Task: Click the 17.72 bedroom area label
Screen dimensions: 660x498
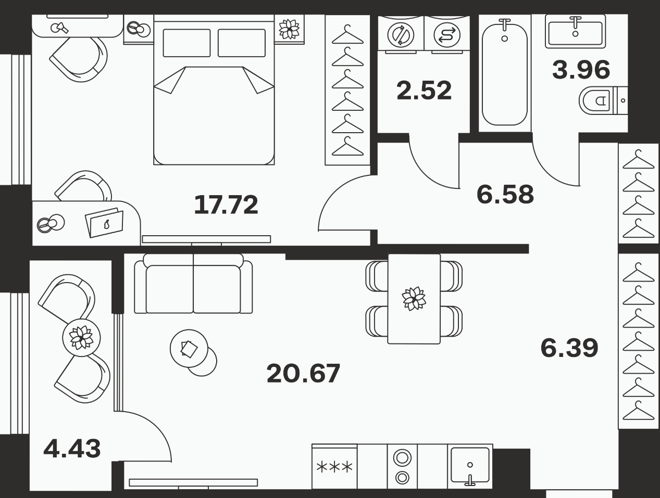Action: click(x=226, y=205)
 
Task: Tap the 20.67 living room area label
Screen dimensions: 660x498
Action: click(x=303, y=373)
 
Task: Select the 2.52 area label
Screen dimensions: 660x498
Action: click(x=424, y=90)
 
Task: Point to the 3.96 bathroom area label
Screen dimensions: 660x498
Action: click(x=581, y=70)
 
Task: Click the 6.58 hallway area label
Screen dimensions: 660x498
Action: click(x=505, y=194)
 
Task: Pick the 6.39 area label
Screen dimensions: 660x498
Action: click(x=569, y=348)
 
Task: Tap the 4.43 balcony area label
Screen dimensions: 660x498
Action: click(x=72, y=449)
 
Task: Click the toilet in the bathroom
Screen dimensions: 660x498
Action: click(x=603, y=100)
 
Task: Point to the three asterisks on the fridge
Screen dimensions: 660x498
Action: click(x=334, y=467)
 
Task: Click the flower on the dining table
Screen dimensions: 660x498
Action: click(x=414, y=298)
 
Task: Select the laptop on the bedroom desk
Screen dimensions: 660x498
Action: click(x=105, y=223)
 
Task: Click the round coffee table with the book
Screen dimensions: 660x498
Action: click(x=189, y=348)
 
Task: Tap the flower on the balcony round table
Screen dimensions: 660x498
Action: click(x=81, y=337)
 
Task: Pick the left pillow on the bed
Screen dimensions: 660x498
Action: click(x=186, y=43)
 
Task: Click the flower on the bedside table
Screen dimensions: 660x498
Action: click(x=289, y=29)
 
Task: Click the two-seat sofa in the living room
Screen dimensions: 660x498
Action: click(x=193, y=283)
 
